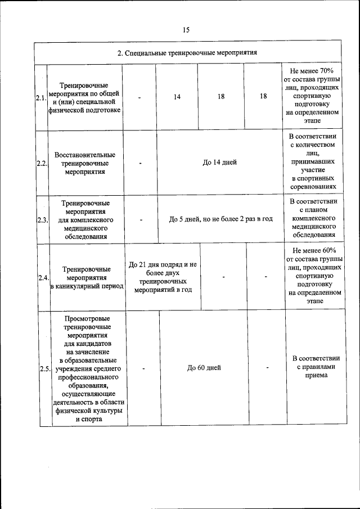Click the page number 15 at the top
coord(186,30)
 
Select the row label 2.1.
coord(41,98)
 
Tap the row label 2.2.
coord(41,163)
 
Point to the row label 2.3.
coord(41,219)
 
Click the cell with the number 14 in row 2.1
coord(177,97)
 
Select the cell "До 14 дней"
coord(219,162)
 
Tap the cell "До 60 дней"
coord(204,368)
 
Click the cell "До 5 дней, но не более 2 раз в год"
coord(220,218)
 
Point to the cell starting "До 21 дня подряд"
coord(163,277)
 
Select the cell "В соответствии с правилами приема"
coord(314,368)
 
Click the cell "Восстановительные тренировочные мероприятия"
coord(85,163)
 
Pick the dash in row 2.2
coord(139,163)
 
